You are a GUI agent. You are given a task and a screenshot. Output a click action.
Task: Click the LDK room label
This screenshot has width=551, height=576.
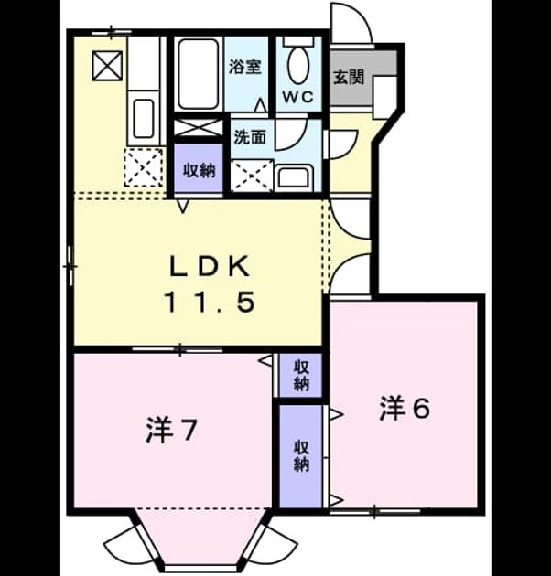[x=210, y=266]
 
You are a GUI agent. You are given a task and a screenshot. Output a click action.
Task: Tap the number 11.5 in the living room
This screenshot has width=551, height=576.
[x=211, y=301]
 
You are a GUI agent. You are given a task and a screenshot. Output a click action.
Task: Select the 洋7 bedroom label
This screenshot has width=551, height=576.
[x=171, y=430]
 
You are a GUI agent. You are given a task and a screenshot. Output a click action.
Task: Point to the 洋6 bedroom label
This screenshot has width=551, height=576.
[x=405, y=408]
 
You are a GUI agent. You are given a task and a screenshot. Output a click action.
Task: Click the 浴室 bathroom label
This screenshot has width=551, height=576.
[x=245, y=67]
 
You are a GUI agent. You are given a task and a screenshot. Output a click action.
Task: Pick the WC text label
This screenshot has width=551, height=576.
[x=298, y=97]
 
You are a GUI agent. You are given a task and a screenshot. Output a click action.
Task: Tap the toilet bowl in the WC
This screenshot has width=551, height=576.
[x=298, y=66]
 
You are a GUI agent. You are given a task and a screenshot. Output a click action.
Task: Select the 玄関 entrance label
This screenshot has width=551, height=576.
[x=349, y=78]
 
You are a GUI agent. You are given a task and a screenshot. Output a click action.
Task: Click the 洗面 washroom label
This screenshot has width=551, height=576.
[x=250, y=137]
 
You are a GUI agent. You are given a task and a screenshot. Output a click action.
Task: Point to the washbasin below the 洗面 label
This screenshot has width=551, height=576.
[x=294, y=178]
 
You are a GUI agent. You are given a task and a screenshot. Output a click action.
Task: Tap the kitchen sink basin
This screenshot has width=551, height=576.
[x=143, y=118]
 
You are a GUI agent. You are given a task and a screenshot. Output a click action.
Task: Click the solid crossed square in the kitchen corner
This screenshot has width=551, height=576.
[x=107, y=66]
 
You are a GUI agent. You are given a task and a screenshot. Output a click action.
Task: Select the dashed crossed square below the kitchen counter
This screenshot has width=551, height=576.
[x=143, y=168]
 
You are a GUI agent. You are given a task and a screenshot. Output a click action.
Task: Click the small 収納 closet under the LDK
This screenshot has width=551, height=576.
[x=301, y=375]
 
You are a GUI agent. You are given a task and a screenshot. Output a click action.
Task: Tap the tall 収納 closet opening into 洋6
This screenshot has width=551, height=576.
[x=301, y=456]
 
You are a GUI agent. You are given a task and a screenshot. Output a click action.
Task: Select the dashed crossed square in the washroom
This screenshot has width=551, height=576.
[x=253, y=176]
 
